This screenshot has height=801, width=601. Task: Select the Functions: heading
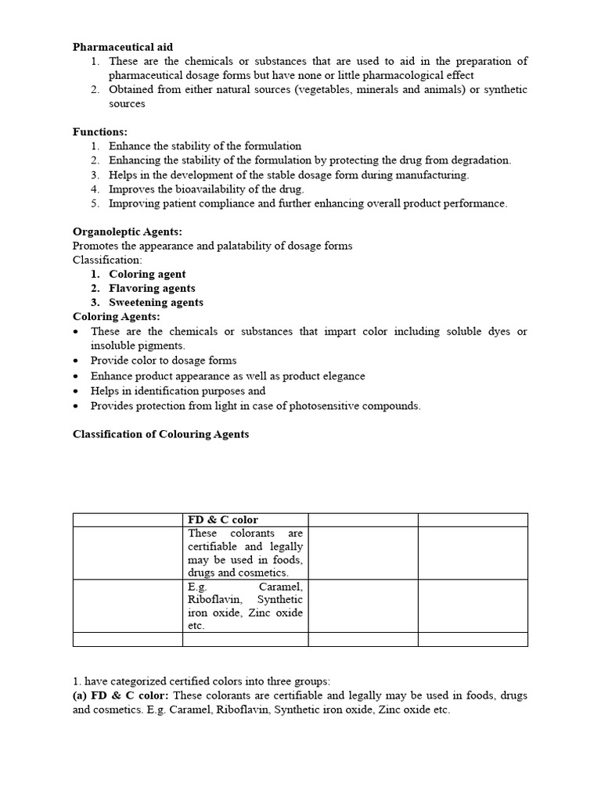point(100,132)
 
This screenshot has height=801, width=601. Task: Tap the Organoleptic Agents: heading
point(127,232)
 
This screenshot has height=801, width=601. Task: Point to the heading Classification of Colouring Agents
point(160,434)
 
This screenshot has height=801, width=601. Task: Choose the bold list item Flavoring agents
point(152,289)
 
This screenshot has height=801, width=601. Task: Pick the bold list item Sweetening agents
point(156,303)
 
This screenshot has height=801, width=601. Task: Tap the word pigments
point(163,345)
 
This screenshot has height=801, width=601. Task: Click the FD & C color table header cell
point(223,520)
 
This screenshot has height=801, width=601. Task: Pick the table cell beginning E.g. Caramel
point(245,606)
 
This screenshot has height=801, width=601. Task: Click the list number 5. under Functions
point(95,203)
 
